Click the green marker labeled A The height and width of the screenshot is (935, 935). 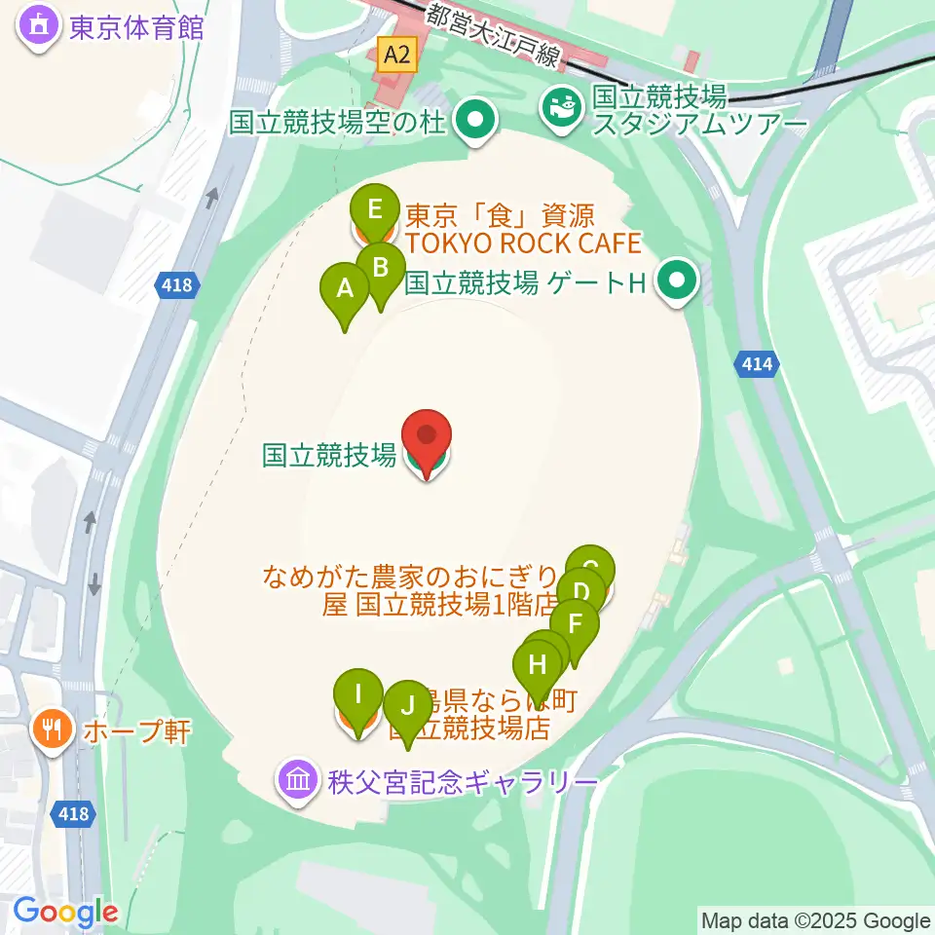coord(345,288)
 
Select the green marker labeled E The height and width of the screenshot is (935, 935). coord(375,208)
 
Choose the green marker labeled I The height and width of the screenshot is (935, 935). coord(358,694)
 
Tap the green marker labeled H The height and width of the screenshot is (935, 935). coord(538,666)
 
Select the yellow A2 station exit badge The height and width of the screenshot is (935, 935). coord(397,56)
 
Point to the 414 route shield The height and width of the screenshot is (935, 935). coord(758,364)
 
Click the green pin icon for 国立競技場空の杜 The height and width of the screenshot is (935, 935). coord(476,123)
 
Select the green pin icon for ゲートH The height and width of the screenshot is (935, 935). coord(675,283)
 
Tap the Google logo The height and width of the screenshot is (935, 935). coord(65,913)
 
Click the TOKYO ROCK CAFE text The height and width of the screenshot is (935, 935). coord(523,242)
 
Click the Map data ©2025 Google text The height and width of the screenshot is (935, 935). coord(815,920)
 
